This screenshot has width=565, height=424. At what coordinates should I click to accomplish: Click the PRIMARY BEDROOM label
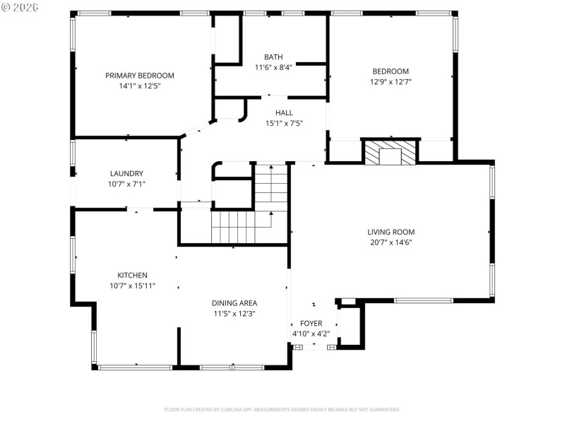(x=140, y=76)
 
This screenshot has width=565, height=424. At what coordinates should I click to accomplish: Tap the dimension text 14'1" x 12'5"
(x=140, y=86)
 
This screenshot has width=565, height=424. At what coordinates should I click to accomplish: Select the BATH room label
(x=273, y=57)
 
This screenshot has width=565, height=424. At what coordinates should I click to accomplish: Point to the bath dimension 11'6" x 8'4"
(x=273, y=68)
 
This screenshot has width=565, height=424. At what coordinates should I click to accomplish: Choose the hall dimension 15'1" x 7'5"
(x=284, y=124)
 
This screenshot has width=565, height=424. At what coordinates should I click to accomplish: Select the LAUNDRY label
(x=126, y=174)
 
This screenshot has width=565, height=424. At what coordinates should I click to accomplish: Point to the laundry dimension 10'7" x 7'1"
(x=126, y=184)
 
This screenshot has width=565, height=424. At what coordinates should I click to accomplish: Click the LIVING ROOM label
(x=391, y=232)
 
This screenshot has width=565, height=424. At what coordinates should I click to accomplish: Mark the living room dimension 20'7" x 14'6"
(x=391, y=242)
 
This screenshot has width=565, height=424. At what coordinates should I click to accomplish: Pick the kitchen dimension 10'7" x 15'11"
(x=132, y=286)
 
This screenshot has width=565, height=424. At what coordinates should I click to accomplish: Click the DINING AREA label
(x=234, y=303)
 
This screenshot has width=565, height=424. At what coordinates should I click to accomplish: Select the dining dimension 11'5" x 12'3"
(x=234, y=314)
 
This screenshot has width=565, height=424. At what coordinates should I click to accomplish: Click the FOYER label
(x=311, y=324)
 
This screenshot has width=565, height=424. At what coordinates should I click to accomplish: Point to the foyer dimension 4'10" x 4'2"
(x=311, y=334)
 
